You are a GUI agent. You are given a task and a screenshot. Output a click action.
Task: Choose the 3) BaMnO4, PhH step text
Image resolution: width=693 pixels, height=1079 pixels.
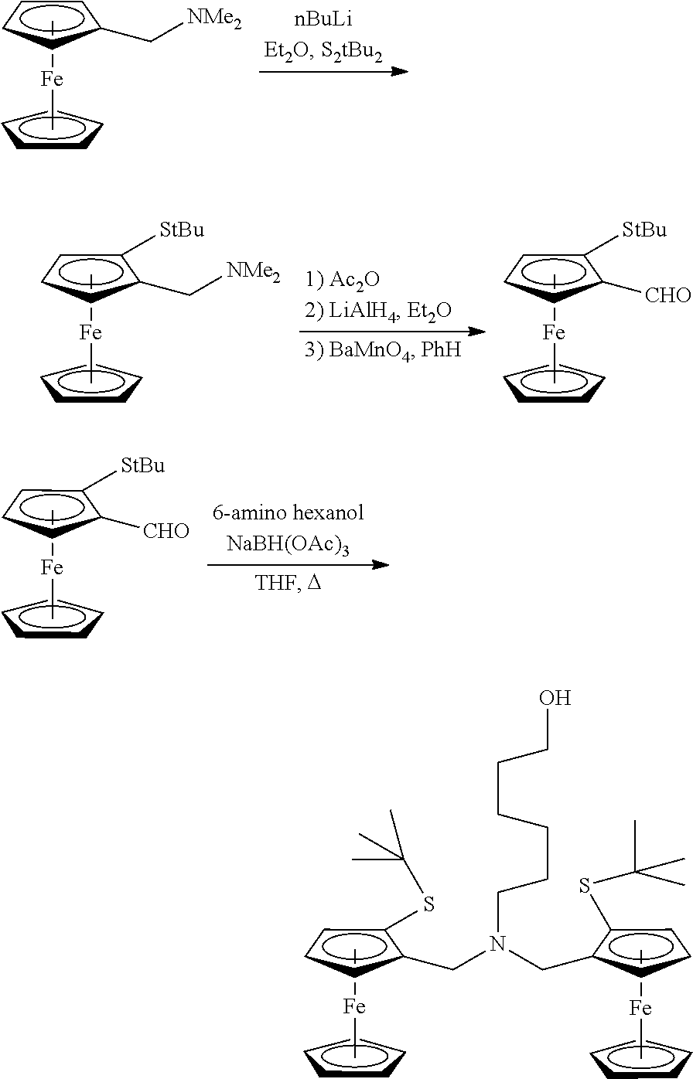[383, 350]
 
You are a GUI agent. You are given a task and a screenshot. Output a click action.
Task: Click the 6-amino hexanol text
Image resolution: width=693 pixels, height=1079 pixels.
[298, 512]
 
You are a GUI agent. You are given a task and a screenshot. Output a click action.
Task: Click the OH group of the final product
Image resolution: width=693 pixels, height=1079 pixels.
[555, 698]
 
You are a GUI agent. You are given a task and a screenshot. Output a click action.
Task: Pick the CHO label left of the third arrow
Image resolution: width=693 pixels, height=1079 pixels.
[166, 531]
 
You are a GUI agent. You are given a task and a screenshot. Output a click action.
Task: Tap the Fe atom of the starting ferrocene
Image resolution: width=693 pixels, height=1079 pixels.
[52, 79]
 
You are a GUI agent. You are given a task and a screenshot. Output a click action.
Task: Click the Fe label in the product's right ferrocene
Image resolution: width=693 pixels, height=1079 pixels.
[640, 1008]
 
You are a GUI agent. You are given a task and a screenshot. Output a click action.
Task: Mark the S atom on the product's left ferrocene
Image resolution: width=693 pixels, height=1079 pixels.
[431, 904]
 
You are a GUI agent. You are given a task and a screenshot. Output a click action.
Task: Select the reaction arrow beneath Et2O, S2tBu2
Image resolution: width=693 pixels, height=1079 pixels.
[333, 72]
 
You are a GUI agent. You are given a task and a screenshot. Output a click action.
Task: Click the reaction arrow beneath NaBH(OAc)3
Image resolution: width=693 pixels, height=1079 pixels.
[298, 565]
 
